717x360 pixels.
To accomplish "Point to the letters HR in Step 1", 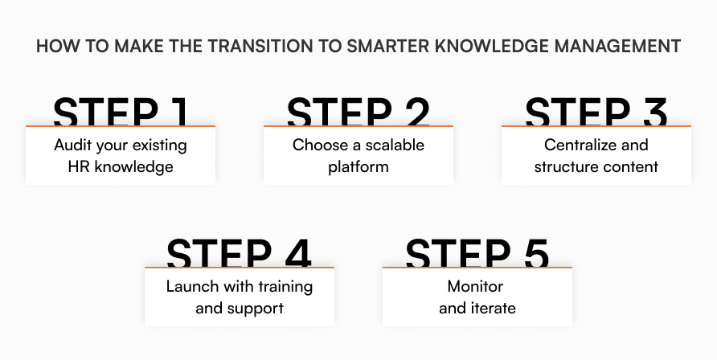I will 80,167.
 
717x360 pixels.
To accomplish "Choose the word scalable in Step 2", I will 393,146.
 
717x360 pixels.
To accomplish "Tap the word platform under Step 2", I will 358,167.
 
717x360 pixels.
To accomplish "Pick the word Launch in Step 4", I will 190,287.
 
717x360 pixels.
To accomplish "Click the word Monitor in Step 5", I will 477,287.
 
